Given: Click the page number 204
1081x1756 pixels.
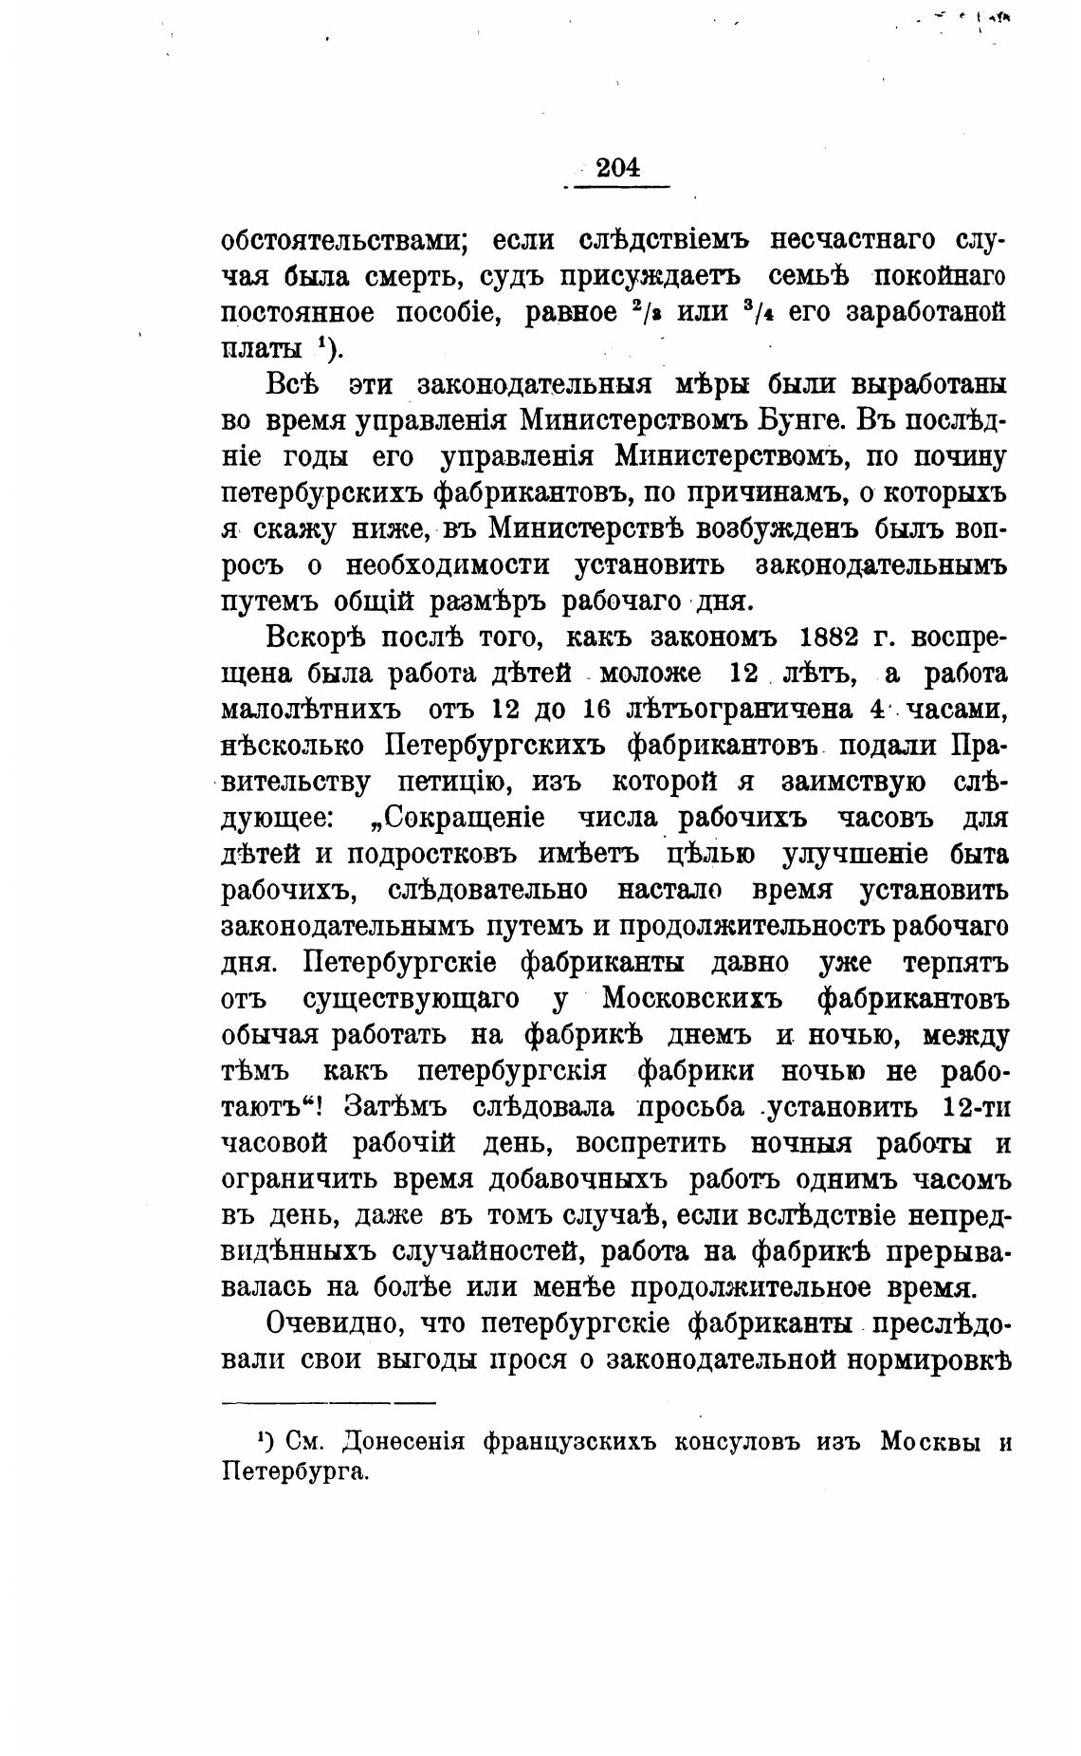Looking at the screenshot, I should point(618,168).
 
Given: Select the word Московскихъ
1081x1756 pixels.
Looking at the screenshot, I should point(690,1000).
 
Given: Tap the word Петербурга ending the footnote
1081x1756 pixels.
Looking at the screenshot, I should point(294,1472).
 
